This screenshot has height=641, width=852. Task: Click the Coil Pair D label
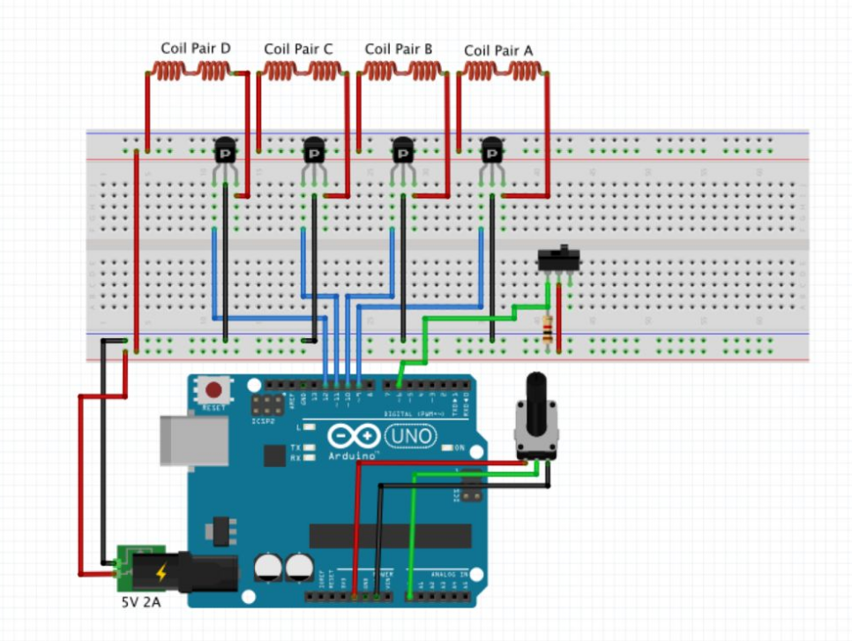[x=195, y=49]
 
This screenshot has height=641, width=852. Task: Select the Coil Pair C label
[x=298, y=49]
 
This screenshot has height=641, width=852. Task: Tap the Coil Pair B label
[x=399, y=49]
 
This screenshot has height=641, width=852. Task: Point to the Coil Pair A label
[x=498, y=51]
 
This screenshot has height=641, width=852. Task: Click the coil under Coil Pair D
[x=191, y=72]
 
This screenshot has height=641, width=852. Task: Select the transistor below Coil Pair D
[x=226, y=154]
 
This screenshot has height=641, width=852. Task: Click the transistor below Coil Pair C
[x=314, y=154]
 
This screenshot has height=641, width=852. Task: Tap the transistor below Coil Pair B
[x=402, y=154]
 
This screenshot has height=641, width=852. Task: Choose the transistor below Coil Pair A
[x=492, y=154]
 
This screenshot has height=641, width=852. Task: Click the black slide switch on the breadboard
[x=558, y=260]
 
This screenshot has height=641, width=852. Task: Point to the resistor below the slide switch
[x=551, y=330]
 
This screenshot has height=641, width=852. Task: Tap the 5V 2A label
[x=141, y=605]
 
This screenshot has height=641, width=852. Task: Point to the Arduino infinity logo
[x=351, y=437]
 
